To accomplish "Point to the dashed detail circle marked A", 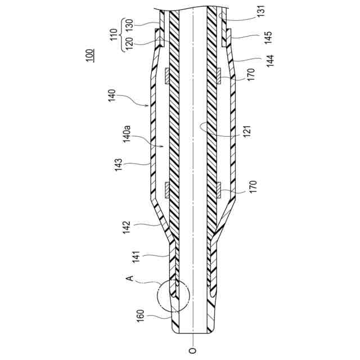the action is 171,296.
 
